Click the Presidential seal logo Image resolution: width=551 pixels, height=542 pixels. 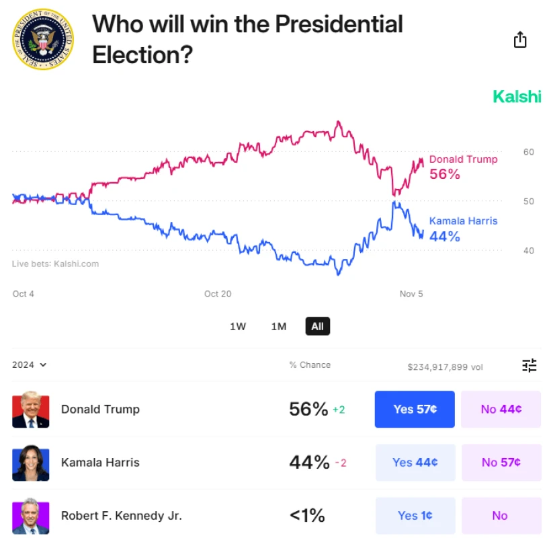tap(43, 40)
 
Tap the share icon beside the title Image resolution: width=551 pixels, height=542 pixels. tap(519, 40)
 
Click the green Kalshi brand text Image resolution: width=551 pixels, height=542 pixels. tap(517, 96)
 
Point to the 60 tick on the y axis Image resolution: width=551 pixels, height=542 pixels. tap(529, 152)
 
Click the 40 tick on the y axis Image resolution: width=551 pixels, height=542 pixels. tap(529, 251)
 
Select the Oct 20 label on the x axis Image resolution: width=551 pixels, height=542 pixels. tap(218, 294)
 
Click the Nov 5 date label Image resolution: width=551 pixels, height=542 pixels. tap(411, 294)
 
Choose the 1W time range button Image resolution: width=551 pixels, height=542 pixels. tap(238, 327)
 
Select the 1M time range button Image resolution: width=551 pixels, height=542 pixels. tap(279, 327)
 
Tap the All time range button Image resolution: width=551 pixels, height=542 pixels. tap(317, 327)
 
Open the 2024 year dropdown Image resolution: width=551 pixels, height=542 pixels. tap(30, 365)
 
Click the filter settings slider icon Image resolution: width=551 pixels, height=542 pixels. tap(529, 366)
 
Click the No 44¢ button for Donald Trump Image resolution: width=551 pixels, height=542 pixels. tap(501, 409)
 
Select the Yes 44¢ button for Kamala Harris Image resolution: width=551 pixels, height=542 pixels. tap(415, 463)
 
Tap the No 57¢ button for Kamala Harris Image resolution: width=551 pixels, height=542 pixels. tap(501, 463)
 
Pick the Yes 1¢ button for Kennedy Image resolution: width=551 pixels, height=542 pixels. tap(415, 516)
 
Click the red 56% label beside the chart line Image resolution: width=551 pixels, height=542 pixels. tap(445, 174)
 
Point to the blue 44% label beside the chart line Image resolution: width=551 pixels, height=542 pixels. tap(445, 236)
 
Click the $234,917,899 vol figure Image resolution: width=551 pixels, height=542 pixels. tap(445, 367)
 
